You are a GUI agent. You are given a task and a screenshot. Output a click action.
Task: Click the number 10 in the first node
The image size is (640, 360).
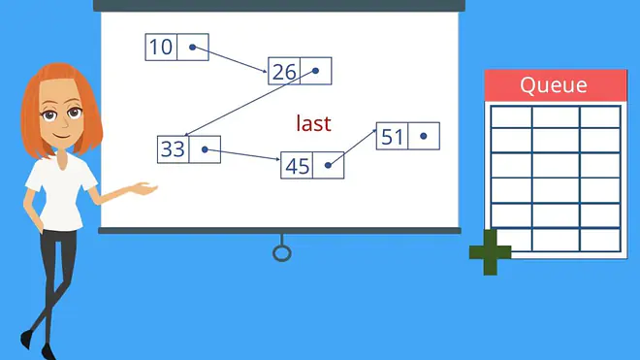tap(161, 47)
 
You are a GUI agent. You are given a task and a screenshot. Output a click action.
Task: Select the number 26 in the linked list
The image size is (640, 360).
tap(284, 72)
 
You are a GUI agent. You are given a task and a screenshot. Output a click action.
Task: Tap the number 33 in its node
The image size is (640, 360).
tap(173, 149)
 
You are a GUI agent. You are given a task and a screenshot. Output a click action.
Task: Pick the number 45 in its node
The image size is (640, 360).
tap(297, 166)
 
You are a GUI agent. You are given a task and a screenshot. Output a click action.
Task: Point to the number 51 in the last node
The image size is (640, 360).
tap(393, 137)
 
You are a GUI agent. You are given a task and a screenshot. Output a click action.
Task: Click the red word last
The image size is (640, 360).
tap(313, 123)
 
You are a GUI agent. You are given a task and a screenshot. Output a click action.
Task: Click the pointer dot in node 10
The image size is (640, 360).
tap(193, 48)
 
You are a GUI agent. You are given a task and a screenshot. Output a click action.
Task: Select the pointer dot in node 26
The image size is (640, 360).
tap(315, 71)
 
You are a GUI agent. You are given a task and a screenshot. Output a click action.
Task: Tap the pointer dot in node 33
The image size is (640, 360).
tap(205, 150)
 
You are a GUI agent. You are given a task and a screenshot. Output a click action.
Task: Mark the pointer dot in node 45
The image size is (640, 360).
tap(328, 165)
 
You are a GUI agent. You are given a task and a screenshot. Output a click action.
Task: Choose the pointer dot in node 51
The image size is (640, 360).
tap(423, 136)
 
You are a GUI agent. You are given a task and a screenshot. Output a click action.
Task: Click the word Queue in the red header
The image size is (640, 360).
tap(554, 85)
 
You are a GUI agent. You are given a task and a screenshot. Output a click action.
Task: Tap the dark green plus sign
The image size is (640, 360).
tap(491, 252)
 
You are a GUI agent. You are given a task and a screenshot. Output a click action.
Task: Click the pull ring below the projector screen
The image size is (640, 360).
tap(282, 253)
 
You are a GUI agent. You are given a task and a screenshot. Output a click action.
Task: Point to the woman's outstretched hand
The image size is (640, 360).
tap(144, 189)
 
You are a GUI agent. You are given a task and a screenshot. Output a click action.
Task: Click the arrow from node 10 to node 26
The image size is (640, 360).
tap(230, 59)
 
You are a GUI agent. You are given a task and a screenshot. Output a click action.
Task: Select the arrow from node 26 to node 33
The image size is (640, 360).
tap(250, 104)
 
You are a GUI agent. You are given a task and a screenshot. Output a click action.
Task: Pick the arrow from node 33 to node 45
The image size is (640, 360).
tap(242, 155)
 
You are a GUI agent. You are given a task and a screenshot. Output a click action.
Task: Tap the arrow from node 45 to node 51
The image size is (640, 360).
tap(352, 147)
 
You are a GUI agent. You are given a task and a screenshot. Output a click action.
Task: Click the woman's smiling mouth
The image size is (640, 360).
tap(62, 136)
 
